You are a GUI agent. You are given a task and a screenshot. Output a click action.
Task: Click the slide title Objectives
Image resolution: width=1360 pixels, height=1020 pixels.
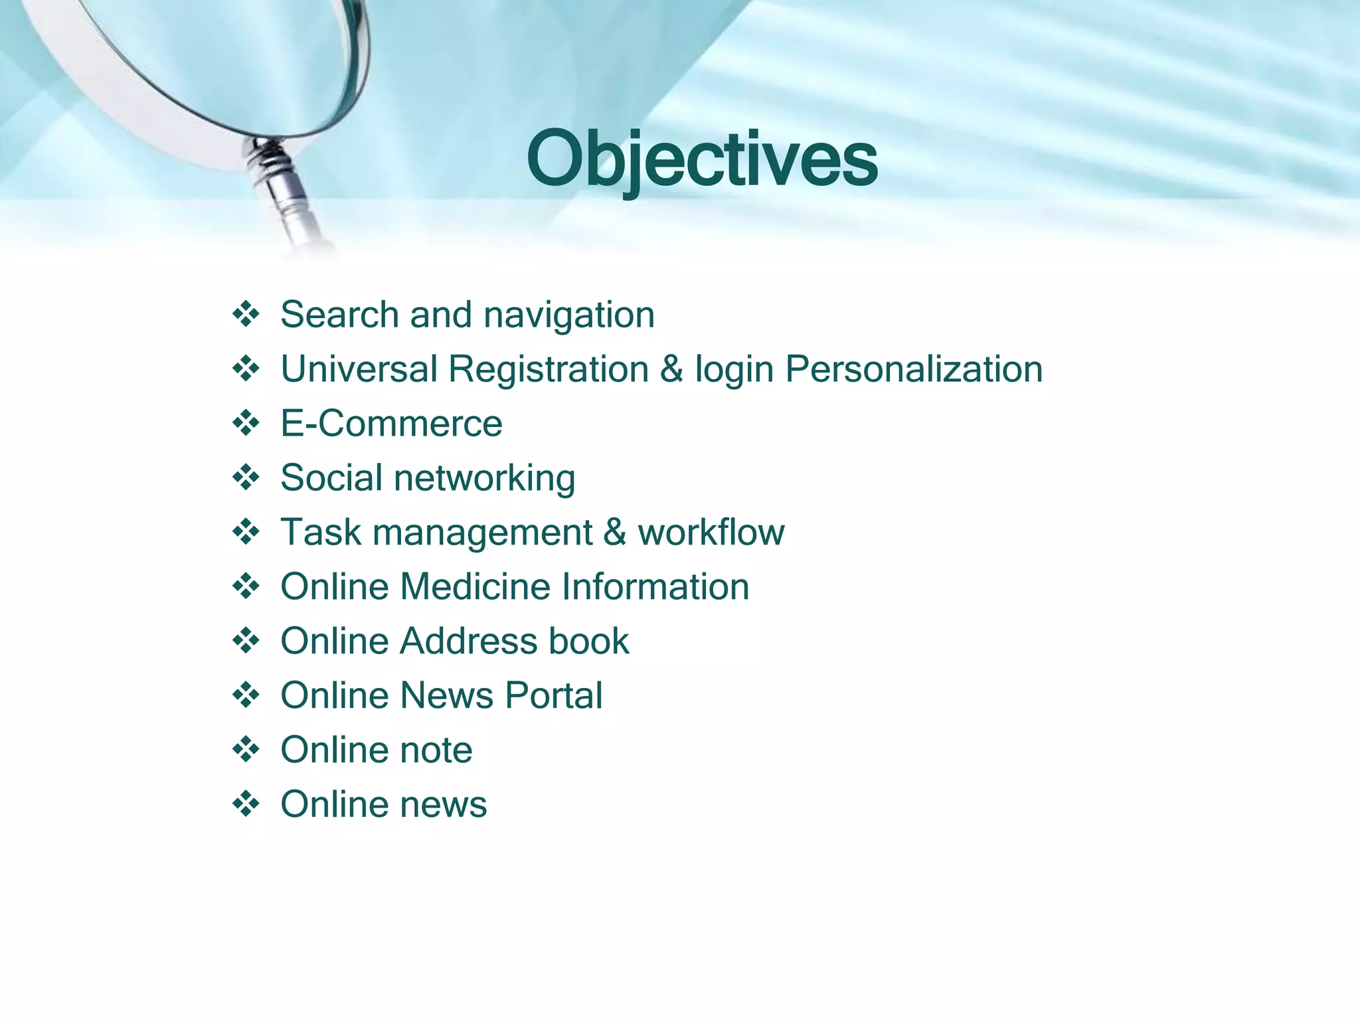pos(702,160)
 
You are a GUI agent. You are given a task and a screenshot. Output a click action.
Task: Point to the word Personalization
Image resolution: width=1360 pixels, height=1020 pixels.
pos(914,369)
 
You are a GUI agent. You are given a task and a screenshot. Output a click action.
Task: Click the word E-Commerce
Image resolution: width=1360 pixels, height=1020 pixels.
pos(391,424)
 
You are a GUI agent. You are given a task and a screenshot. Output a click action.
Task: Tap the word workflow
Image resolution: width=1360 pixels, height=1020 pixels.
pos(711,533)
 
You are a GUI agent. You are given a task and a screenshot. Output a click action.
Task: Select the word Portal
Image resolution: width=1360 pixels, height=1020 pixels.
pos(553,696)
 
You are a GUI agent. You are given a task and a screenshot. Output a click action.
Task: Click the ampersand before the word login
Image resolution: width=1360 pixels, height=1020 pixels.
pos(671,369)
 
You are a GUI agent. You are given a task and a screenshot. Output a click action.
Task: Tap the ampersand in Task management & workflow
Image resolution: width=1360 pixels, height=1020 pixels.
pos(615,533)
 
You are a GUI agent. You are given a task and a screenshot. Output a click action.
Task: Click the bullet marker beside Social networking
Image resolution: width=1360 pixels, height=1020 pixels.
pos(246,477)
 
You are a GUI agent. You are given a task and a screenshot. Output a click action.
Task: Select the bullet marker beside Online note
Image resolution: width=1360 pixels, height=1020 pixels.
pos(246,750)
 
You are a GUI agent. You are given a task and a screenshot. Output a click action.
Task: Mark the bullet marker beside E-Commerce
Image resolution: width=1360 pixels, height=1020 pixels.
pos(246,423)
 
